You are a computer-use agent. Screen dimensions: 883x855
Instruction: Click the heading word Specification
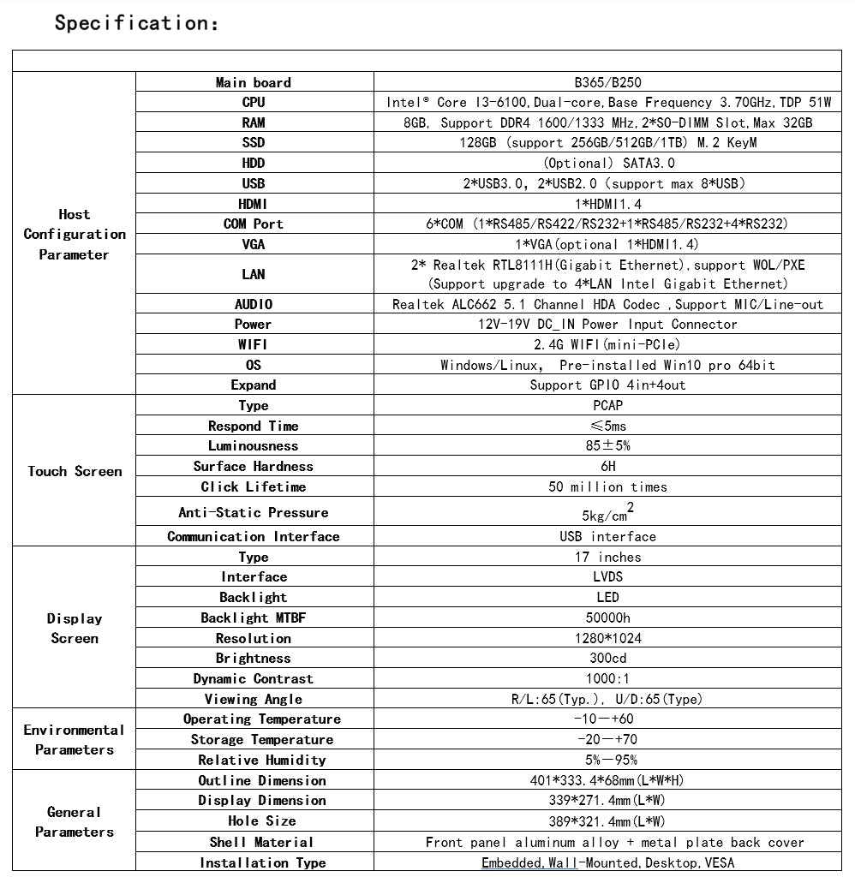coord(136,23)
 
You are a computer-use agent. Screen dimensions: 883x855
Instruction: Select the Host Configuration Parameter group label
coord(75,234)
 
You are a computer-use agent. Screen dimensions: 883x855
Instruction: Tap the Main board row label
coord(254,82)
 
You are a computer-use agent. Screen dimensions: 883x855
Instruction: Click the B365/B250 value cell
coord(607,82)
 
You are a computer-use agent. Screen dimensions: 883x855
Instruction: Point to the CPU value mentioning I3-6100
coord(607,103)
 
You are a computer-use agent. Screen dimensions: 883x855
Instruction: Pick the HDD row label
coord(254,163)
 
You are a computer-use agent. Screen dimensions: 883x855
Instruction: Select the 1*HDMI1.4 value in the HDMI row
coord(607,204)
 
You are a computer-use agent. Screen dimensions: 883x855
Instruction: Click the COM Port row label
coord(254,224)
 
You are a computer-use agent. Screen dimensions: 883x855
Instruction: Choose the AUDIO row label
coord(254,304)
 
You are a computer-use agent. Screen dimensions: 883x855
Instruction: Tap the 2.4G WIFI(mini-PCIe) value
coord(607,344)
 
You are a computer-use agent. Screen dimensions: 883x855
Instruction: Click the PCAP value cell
coord(607,405)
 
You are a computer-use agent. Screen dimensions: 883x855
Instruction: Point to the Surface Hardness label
coord(254,466)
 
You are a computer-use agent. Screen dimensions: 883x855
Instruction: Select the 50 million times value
coord(607,486)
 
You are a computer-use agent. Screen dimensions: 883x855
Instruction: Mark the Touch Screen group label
coord(75,471)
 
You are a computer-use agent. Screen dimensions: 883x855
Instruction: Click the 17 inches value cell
coord(607,557)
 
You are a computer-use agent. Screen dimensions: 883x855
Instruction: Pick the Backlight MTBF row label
coord(247,618)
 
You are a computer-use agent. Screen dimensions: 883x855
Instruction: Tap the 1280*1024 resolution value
coord(607,638)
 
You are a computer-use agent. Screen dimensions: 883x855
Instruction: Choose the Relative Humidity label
coord(262,760)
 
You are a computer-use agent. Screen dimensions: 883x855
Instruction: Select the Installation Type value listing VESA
coord(607,862)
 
